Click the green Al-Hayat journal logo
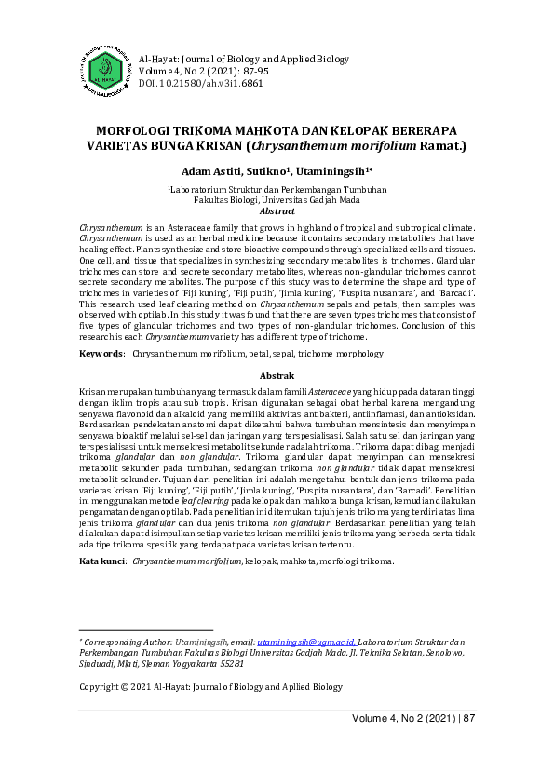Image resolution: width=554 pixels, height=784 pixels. pyautogui.click(x=105, y=68)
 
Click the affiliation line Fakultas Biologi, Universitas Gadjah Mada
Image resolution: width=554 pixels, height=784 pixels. pyautogui.click(x=277, y=199)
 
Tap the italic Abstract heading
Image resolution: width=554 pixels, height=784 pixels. pyautogui.click(x=277, y=211)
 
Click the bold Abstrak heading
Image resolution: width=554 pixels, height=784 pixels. pyautogui.click(x=277, y=374)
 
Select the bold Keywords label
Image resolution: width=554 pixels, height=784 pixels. pyautogui.click(x=101, y=354)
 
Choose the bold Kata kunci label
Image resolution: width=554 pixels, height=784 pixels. pyautogui.click(x=102, y=562)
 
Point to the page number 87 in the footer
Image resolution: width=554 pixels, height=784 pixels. pyautogui.click(x=468, y=718)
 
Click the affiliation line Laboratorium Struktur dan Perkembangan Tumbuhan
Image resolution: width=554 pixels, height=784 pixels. pyautogui.click(x=277, y=188)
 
